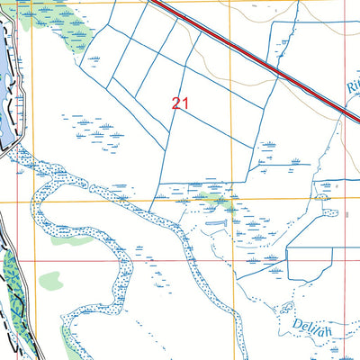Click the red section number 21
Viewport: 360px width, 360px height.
coord(179,103)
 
